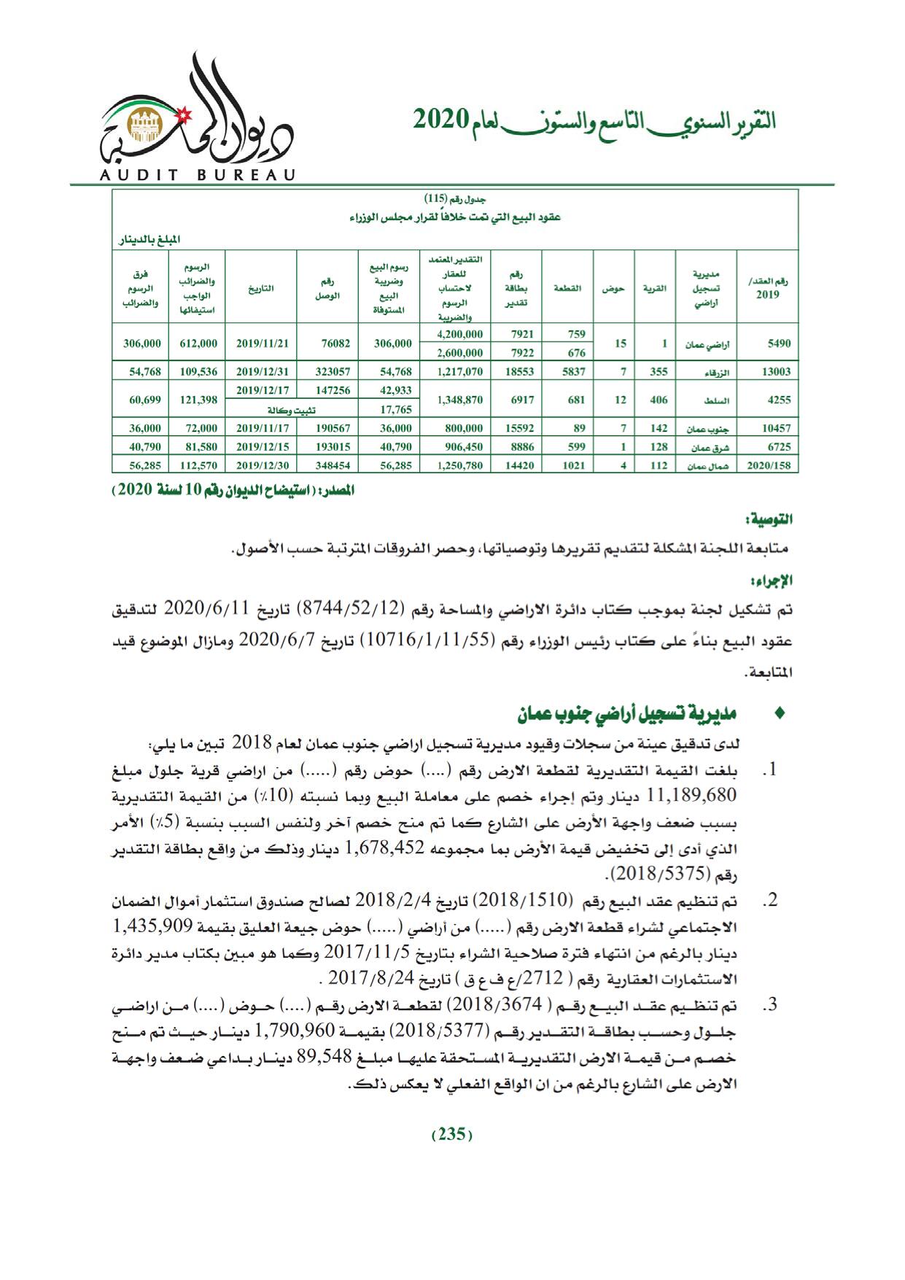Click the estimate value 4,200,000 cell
[459, 335]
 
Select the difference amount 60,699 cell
[139, 400]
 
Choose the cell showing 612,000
[197, 344]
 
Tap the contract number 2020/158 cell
[767, 465]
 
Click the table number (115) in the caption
[436, 198]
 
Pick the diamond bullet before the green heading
[782, 714]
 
